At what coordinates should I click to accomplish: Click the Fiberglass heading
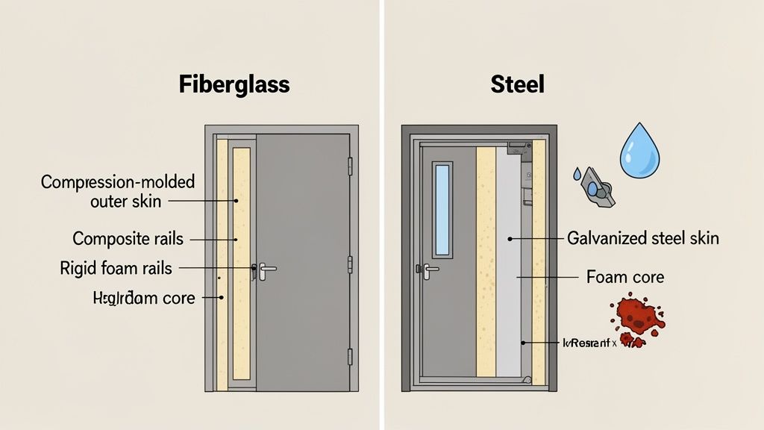point(234,84)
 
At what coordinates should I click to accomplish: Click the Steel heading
point(517,84)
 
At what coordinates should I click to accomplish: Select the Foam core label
point(624,277)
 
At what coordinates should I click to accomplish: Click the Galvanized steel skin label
point(643,239)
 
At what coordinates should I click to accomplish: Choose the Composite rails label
point(128,240)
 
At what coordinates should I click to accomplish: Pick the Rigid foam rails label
point(116,268)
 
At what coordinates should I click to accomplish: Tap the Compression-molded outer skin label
point(117,191)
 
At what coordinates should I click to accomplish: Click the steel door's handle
point(430,269)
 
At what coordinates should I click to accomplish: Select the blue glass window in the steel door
point(442,208)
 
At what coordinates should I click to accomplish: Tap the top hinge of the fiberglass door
point(349,165)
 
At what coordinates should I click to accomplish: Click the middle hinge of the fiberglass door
point(349,264)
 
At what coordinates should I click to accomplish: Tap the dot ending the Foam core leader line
point(518,277)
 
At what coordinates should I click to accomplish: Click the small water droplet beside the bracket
point(577,173)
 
